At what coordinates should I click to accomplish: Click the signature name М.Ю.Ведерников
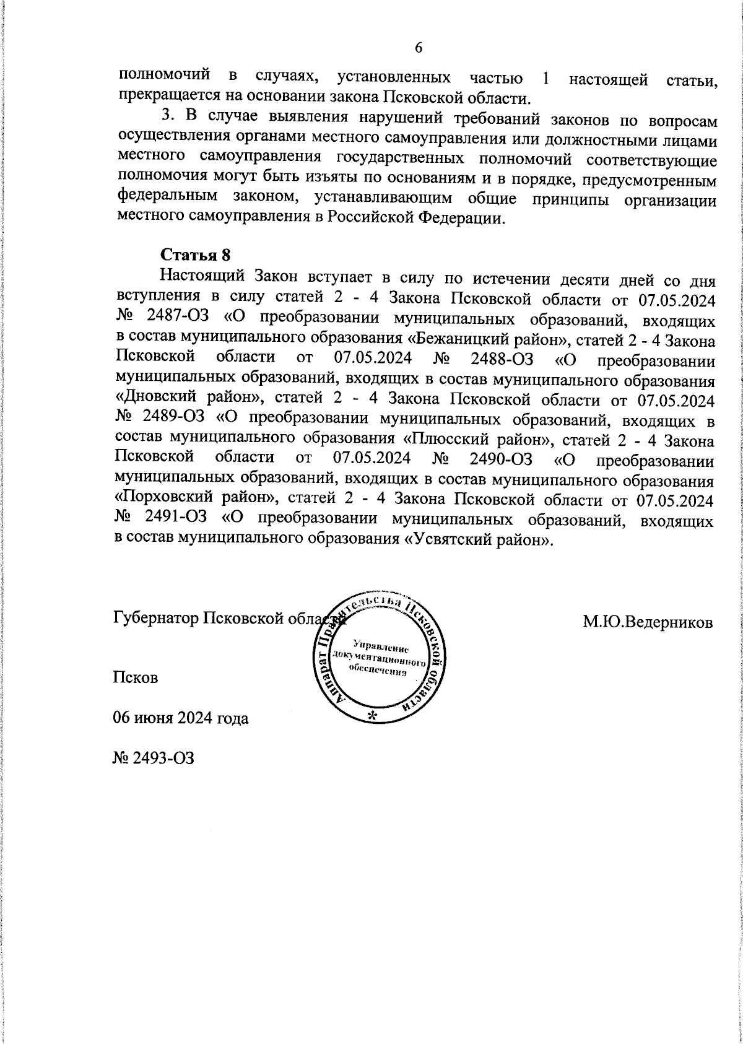coord(647,621)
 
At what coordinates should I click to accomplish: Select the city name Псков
coord(134,677)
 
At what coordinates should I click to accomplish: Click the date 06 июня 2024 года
coord(180,718)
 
